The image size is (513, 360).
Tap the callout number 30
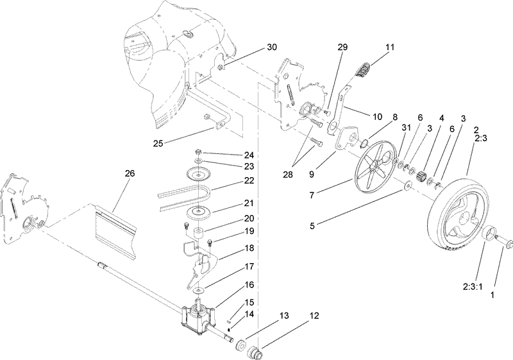point(273,48)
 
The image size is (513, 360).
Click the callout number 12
point(314,316)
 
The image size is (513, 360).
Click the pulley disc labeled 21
point(201,213)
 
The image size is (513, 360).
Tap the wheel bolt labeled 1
point(505,243)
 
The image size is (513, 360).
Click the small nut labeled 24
point(201,152)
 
